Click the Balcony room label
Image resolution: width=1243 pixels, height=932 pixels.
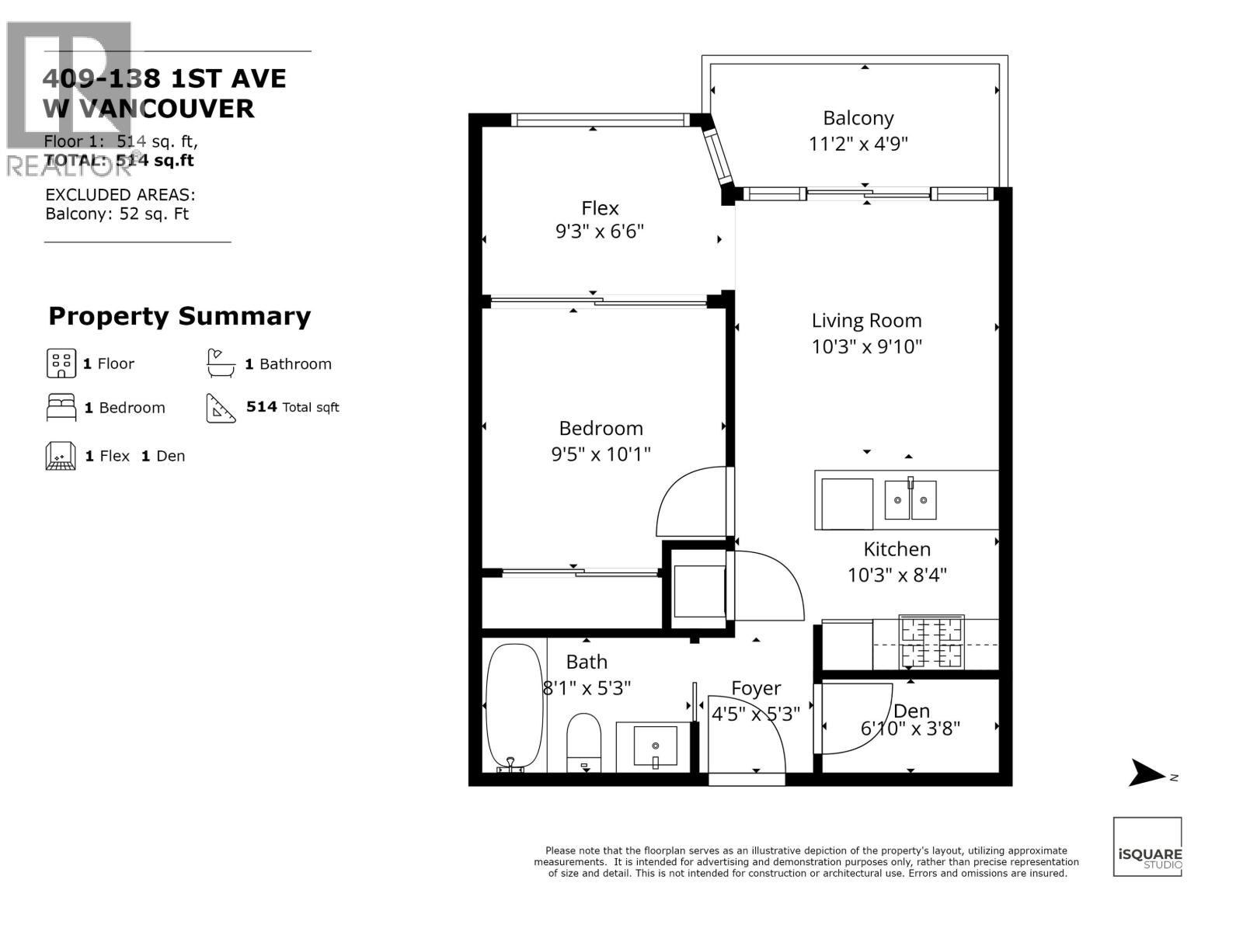(858, 118)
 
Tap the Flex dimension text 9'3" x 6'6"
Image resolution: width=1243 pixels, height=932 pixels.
(600, 231)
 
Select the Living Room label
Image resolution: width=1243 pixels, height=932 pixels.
(866, 321)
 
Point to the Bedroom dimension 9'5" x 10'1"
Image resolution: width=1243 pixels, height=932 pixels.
(601, 454)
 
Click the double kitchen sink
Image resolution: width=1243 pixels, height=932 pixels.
(910, 499)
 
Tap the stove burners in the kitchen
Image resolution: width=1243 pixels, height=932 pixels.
(931, 642)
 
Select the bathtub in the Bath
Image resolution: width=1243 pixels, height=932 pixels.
(514, 707)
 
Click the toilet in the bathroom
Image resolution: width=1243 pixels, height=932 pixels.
(584, 742)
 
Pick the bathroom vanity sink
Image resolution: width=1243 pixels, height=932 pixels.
(655, 746)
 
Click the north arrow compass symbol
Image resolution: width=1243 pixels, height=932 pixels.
(1147, 773)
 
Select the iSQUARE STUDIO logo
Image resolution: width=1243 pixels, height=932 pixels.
(1147, 847)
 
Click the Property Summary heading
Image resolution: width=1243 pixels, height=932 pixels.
(179, 316)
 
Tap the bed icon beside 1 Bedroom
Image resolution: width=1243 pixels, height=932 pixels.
(61, 407)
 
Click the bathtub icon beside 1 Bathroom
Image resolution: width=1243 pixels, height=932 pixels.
(221, 363)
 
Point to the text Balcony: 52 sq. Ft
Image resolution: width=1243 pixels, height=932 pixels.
(117, 214)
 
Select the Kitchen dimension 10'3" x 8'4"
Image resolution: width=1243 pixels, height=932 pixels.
(897, 576)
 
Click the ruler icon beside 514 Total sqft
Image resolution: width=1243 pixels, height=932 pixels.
(221, 407)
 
